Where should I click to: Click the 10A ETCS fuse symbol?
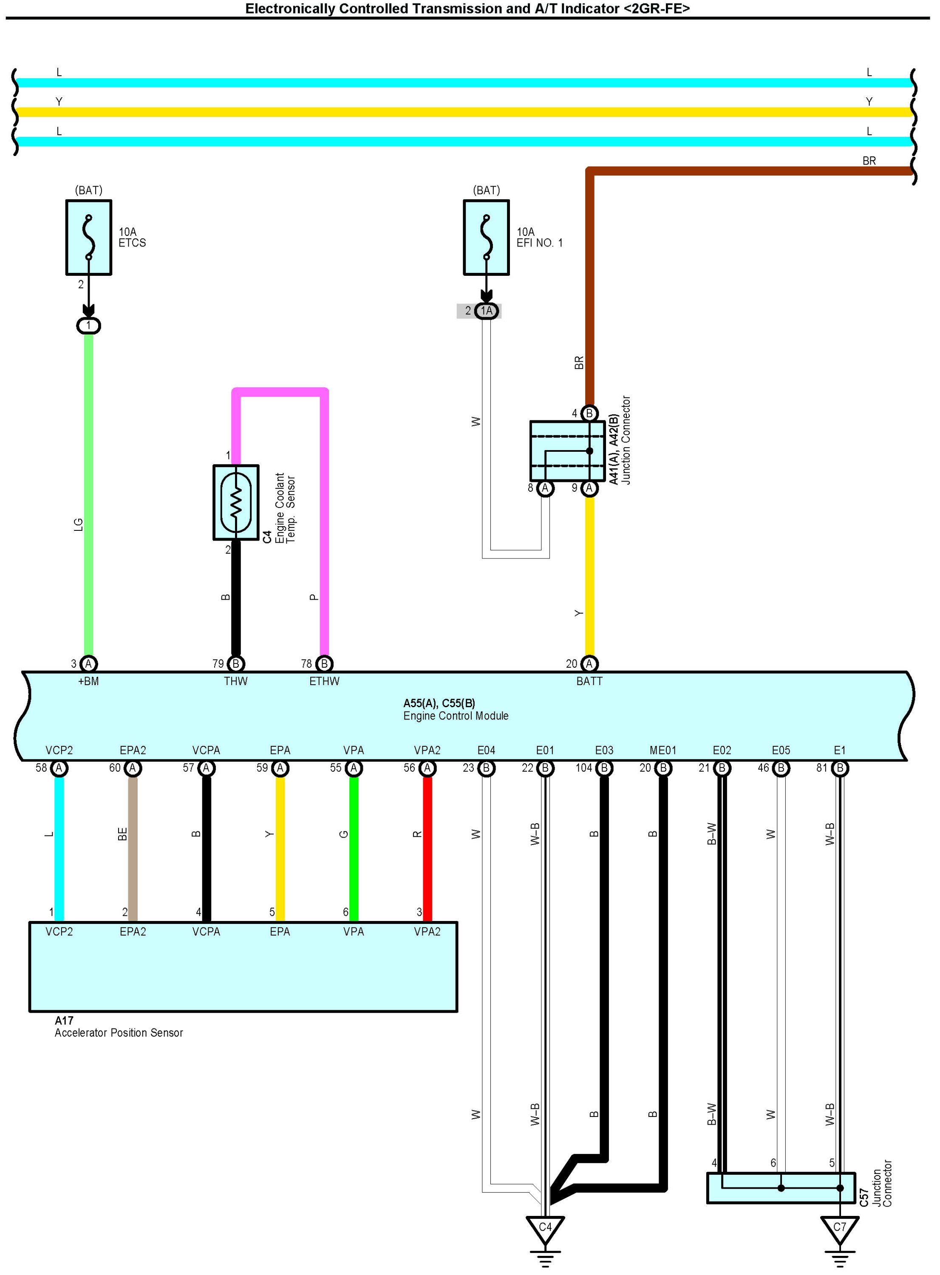88,237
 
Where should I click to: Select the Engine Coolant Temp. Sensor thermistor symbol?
235,502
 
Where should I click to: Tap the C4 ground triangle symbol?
545,1229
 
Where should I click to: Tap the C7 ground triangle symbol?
839,1229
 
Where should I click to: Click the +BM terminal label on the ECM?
88,681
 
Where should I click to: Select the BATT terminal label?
589,681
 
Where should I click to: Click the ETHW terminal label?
324,681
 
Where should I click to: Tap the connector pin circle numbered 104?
604,768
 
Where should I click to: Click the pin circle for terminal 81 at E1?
840,768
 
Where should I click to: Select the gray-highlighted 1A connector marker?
486,311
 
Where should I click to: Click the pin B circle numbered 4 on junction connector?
589,413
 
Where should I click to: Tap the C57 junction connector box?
781,1188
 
